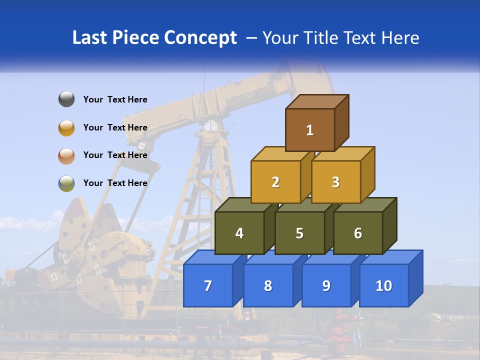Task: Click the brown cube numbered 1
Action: point(310,130)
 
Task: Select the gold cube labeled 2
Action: point(275,182)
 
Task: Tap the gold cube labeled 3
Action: point(335,182)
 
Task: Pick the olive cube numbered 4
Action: point(239,233)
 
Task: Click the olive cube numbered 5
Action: point(299,233)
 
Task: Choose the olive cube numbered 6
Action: point(358,233)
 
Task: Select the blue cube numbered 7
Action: point(208,285)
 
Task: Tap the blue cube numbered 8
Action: point(268,285)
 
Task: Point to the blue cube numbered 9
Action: point(326,285)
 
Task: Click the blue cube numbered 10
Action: point(383,285)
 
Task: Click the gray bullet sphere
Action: point(66,99)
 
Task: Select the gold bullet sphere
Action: point(66,127)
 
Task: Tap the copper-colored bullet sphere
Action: point(66,155)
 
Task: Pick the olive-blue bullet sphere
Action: point(66,183)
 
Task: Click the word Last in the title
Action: point(89,37)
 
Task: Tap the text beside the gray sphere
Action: point(115,99)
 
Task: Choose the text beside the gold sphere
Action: point(115,127)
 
